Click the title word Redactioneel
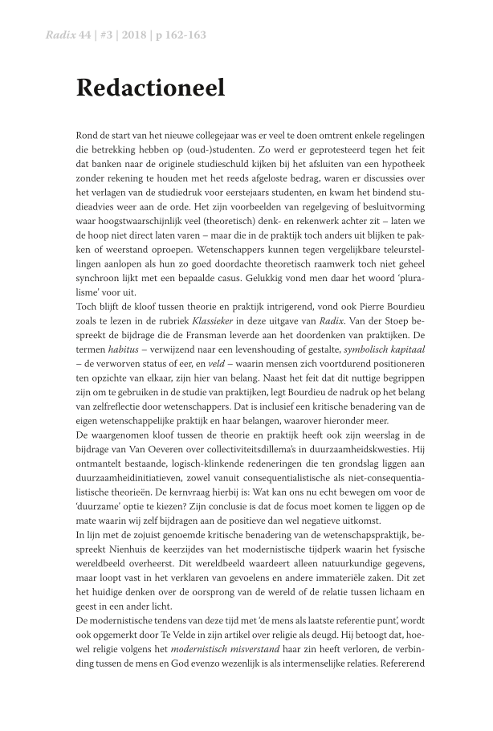150,88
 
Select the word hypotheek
392,163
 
